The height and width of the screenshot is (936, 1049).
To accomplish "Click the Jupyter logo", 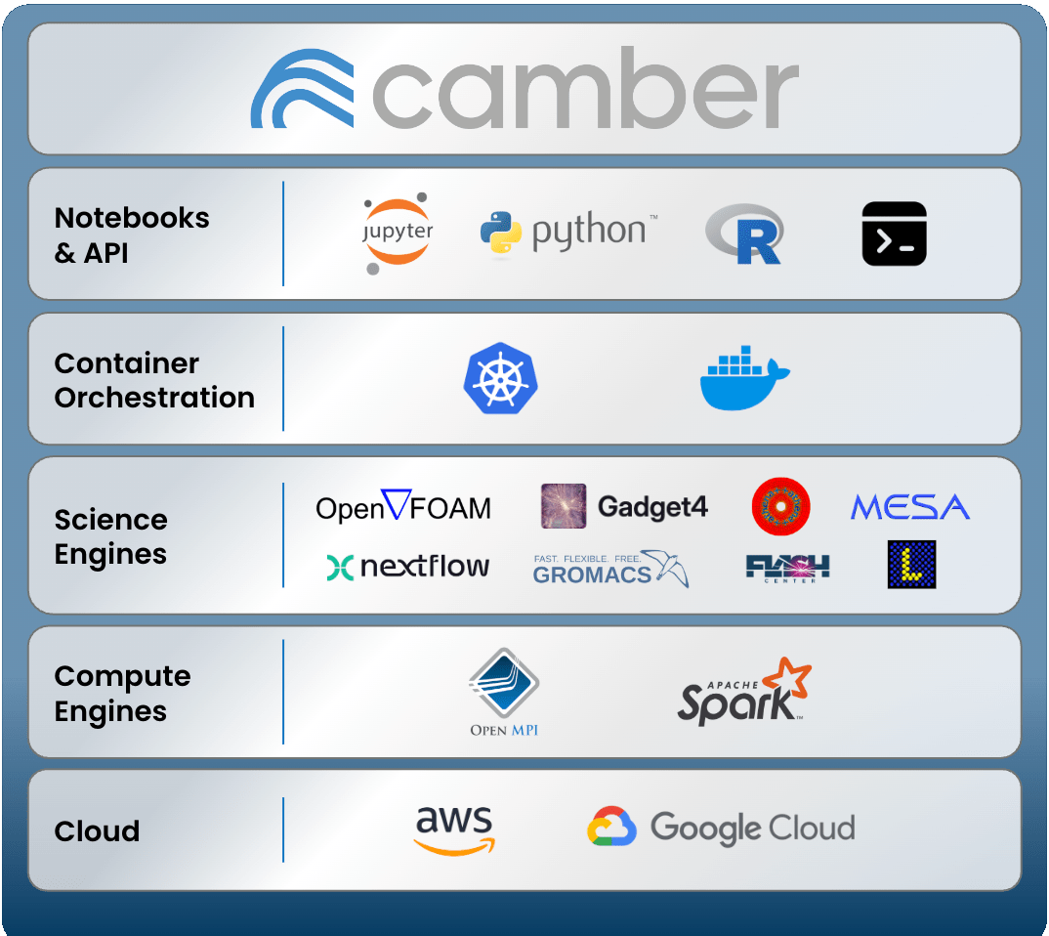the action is point(398,234).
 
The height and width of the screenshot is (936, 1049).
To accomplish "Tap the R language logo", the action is point(744,234).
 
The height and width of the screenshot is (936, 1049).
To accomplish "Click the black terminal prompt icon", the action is point(894,234).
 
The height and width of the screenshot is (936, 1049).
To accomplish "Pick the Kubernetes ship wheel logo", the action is point(501,377).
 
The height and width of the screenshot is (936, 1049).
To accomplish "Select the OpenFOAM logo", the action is point(403,506).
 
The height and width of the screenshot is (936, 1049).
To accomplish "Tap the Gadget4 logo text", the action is point(652,507).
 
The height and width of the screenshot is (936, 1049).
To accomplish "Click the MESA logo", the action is point(909,507).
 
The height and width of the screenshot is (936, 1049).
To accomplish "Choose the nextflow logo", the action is point(408,567).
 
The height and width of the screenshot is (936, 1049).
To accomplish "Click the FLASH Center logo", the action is point(787,568).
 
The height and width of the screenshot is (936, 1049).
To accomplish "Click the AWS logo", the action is point(453,830).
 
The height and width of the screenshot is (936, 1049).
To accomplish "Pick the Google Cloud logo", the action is point(721,828).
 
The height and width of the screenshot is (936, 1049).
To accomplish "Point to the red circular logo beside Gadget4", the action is point(781,506).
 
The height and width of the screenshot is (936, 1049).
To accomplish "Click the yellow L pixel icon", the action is point(911,565).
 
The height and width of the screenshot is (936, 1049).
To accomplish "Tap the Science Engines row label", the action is point(110,536).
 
